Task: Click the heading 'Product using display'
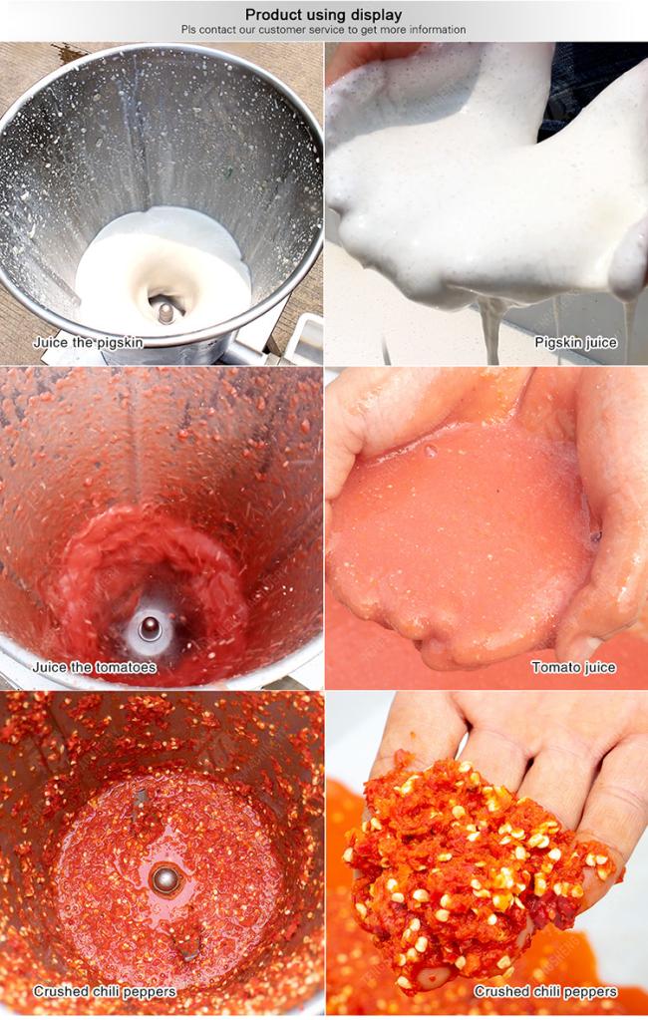click(x=323, y=14)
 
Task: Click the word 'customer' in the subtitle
click(x=282, y=30)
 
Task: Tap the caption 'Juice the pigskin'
click(x=88, y=342)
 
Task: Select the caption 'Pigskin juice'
click(x=575, y=342)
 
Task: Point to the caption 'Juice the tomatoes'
click(x=95, y=667)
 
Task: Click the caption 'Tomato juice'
click(x=573, y=667)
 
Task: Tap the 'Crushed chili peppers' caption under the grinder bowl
click(x=105, y=991)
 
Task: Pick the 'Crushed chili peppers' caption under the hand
click(x=545, y=991)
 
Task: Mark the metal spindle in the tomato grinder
click(x=150, y=628)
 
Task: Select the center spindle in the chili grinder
click(x=165, y=878)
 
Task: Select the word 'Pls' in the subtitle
click(x=188, y=30)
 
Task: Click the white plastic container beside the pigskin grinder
click(x=305, y=338)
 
